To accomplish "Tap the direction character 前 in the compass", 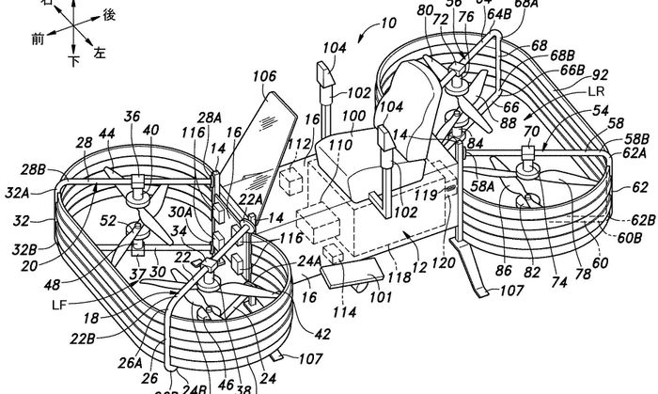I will [x=39, y=39].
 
